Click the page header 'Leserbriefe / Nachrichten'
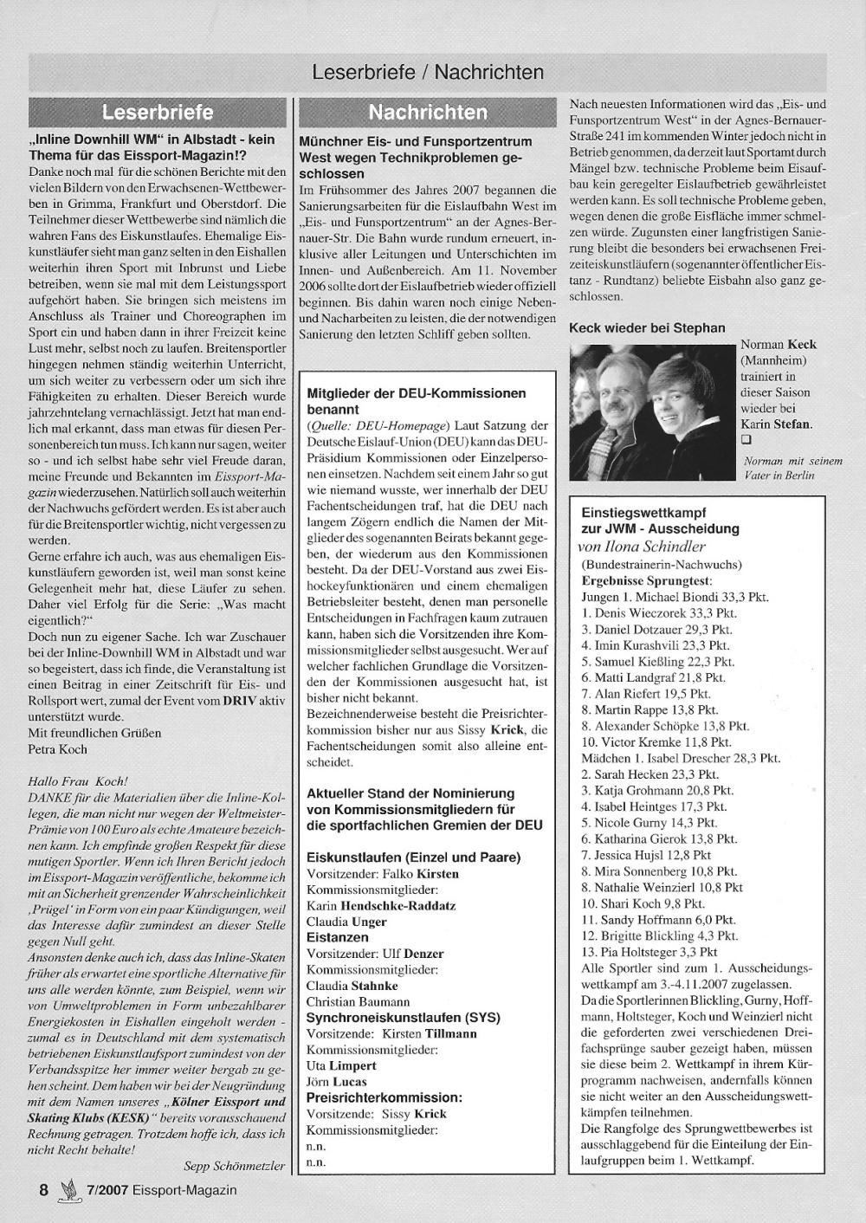click(428, 73)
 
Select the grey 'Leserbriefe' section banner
click(158, 113)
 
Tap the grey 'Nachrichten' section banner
click(428, 113)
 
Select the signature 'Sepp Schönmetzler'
click(234, 1166)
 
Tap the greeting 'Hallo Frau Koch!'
click(78, 781)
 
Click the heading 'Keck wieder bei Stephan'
click(647, 327)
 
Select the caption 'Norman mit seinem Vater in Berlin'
click(792, 469)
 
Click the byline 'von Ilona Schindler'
click(642, 547)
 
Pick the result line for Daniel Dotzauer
click(657, 630)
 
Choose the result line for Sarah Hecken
click(650, 774)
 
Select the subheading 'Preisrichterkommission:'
click(385, 1097)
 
